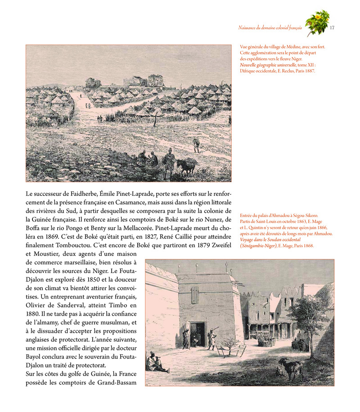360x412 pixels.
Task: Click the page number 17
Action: pyautogui.click(x=332, y=28)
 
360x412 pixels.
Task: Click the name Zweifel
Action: pyautogui.click(x=220, y=245)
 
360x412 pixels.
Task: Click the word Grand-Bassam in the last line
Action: pyautogui.click(x=117, y=383)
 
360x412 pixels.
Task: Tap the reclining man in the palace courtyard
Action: pyautogui.click(x=159, y=362)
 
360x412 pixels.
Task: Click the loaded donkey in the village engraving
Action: pyautogui.click(x=187, y=165)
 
